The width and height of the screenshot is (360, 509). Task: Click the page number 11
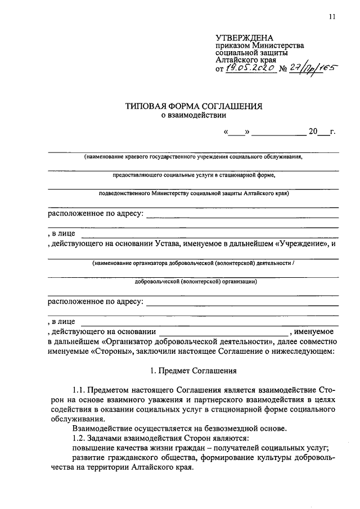click(332, 17)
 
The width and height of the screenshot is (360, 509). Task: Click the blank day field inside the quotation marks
click(237, 133)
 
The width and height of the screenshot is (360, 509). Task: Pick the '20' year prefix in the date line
click(313, 132)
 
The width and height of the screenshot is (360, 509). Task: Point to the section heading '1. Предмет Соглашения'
click(194, 371)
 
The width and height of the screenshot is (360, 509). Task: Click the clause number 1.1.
click(80, 389)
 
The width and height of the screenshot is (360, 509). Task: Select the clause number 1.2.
click(80, 438)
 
